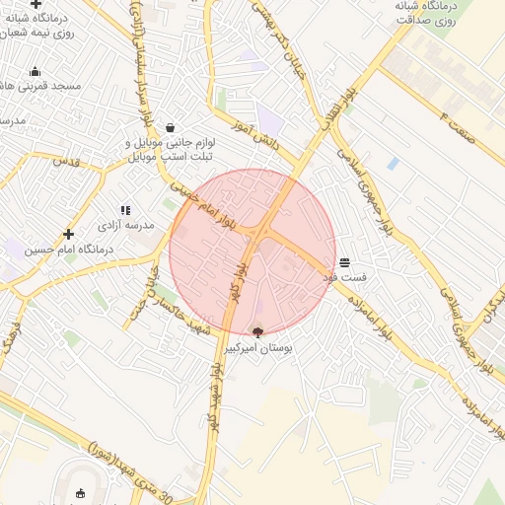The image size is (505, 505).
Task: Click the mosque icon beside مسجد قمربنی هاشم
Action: coord(36,71)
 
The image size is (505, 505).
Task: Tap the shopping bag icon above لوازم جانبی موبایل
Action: coord(171,127)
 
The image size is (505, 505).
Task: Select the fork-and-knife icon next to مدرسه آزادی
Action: coord(125,210)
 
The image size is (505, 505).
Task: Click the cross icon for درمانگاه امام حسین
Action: coord(68,234)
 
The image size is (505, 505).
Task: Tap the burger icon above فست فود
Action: coord(344,263)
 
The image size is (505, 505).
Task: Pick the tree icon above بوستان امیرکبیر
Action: coord(258,333)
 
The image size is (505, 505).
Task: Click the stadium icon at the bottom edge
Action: coord(81,493)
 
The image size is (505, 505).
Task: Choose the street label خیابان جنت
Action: coord(149,287)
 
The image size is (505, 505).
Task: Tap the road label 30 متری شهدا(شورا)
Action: coord(138,458)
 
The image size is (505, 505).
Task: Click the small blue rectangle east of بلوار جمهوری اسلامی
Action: coord(393,164)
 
